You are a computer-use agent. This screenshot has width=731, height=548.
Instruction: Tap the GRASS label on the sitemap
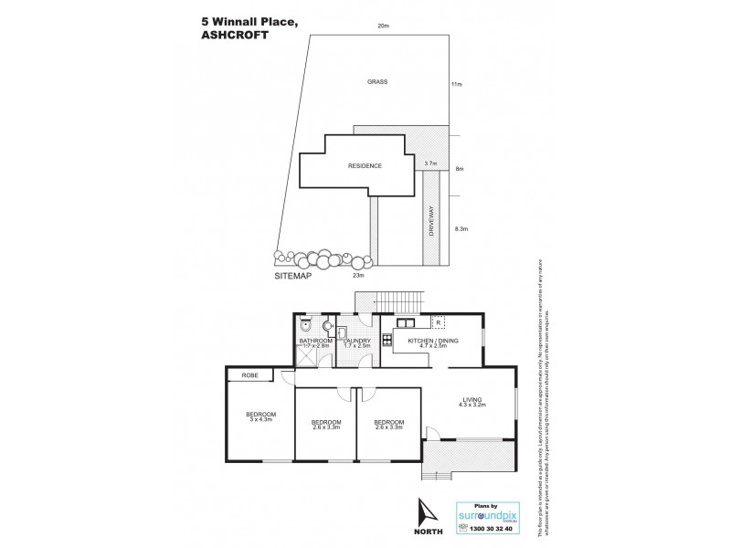tap(378, 81)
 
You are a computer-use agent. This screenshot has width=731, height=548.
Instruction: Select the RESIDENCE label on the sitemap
tap(364, 166)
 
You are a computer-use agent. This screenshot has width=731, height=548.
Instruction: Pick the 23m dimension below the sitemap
tap(358, 275)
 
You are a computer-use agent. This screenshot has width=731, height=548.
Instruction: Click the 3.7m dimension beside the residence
tap(430, 163)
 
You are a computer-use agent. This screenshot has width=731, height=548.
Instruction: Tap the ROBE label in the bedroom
tap(249, 374)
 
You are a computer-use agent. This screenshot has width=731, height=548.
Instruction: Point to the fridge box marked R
tap(439, 322)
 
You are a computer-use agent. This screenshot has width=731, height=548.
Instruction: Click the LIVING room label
tap(471, 398)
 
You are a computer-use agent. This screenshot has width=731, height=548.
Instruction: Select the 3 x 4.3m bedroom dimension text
tap(261, 421)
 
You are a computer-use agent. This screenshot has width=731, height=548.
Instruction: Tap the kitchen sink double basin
tap(406, 321)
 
